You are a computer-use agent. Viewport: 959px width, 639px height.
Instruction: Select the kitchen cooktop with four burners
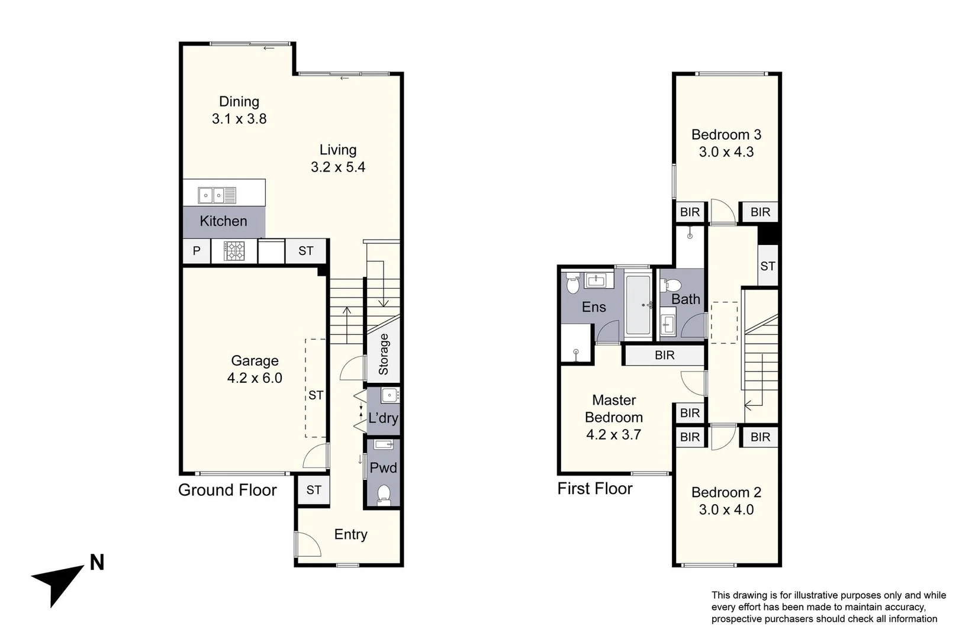(x=234, y=251)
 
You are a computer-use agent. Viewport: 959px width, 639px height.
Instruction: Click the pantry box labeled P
(x=197, y=251)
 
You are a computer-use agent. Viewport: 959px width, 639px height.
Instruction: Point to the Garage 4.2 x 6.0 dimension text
(x=255, y=378)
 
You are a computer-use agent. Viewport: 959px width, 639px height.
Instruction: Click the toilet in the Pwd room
(x=384, y=495)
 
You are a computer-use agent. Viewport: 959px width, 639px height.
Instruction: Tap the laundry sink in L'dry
(x=390, y=395)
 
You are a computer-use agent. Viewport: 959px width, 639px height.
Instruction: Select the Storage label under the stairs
(x=384, y=354)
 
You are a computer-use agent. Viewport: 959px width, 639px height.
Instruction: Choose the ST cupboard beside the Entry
(x=314, y=490)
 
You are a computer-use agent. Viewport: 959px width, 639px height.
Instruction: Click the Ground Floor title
(x=227, y=490)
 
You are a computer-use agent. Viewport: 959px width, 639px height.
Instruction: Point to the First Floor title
(x=594, y=488)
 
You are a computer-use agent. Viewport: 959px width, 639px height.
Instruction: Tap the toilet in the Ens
(x=572, y=285)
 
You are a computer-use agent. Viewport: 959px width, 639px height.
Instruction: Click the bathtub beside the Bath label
(x=638, y=306)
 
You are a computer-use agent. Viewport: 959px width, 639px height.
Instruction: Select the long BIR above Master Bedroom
(x=664, y=355)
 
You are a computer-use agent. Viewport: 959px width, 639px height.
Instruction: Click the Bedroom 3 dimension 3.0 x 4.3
(x=726, y=152)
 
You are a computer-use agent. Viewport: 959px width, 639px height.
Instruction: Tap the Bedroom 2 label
(x=726, y=492)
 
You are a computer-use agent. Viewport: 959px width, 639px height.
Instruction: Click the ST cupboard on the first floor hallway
(x=768, y=266)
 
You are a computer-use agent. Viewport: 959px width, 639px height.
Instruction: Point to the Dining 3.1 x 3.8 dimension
(x=239, y=119)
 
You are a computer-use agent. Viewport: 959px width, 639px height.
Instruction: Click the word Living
(x=338, y=150)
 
